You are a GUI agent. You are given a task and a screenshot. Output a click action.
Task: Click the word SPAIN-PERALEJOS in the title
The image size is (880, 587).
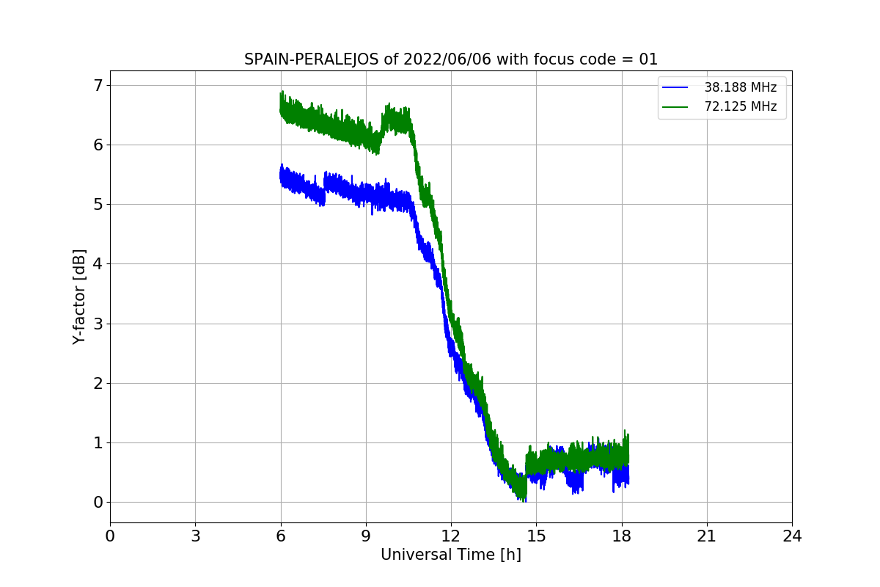point(312,59)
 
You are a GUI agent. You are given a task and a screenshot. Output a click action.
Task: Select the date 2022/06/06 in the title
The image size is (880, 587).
point(447,59)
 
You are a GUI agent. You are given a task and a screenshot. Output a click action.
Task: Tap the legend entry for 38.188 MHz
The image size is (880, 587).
point(719,87)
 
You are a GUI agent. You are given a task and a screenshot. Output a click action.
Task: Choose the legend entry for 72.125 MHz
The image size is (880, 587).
point(719,106)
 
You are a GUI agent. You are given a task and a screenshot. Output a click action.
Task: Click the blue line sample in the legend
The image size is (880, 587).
point(675,87)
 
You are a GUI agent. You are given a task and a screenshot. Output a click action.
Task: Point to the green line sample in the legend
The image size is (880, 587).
point(675,107)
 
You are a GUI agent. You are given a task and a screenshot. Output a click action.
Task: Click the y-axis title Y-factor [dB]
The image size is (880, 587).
point(79,297)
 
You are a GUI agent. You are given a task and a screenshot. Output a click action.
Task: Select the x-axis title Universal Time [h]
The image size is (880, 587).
point(451,555)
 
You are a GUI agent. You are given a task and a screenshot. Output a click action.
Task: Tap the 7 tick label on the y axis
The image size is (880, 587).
point(98,86)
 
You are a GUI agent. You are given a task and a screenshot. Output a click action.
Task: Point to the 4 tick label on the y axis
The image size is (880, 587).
point(98,264)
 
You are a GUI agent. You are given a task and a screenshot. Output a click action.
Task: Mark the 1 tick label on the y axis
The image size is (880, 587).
point(98,443)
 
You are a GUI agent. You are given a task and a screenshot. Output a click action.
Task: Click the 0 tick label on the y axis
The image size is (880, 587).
point(98,503)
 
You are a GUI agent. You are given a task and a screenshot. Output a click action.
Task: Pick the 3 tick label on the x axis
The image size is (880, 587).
point(196,536)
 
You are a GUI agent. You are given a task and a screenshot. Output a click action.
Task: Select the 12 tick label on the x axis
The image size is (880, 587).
point(451,536)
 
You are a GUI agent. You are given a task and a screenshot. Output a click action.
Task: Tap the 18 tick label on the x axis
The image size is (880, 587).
point(622,536)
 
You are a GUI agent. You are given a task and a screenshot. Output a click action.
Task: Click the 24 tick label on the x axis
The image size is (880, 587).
point(792,536)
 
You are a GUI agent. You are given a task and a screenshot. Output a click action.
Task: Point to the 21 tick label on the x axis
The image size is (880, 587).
point(707,536)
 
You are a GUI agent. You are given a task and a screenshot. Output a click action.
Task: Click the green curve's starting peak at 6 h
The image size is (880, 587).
point(282,92)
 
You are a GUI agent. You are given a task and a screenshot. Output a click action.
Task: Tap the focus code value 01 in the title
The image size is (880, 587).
point(648,59)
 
